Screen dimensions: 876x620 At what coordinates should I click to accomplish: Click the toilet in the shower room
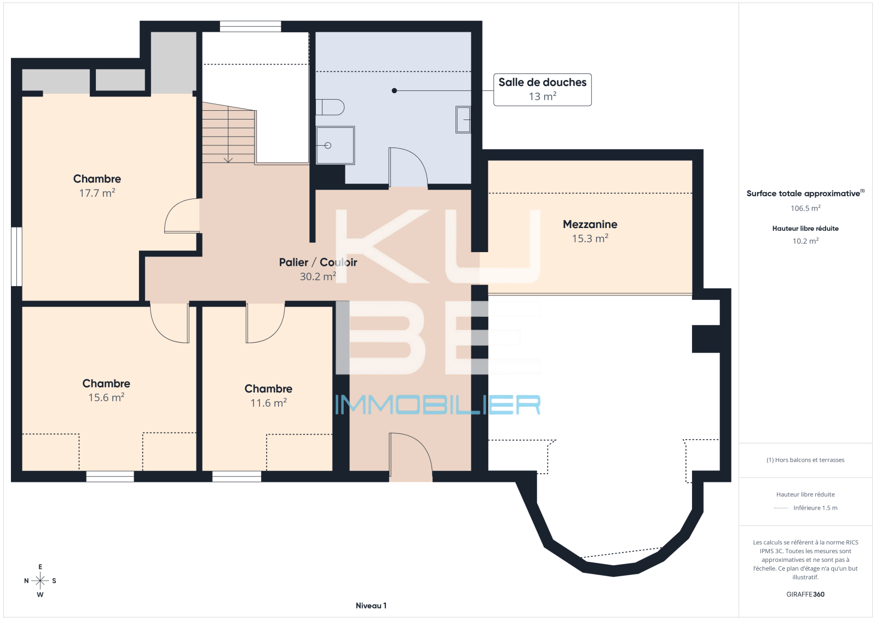[x=330, y=107]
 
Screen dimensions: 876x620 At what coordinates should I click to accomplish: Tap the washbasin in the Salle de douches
[x=463, y=120]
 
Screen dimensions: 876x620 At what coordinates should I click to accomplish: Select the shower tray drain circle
[x=328, y=146]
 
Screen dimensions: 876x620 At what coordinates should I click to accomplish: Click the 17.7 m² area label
[x=97, y=193]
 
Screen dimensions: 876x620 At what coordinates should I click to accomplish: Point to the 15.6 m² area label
[x=106, y=397]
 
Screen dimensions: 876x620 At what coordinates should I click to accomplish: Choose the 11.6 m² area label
[x=269, y=403]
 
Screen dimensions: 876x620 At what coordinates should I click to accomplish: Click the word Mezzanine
[x=590, y=224]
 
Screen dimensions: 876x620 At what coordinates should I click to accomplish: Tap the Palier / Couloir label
[x=318, y=262]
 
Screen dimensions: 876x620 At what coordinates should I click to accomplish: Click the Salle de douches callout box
[x=543, y=90]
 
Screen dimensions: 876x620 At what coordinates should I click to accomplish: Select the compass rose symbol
[x=41, y=581]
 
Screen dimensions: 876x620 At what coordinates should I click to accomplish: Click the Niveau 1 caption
[x=371, y=606]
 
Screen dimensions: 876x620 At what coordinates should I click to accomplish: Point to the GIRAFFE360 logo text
[x=805, y=594]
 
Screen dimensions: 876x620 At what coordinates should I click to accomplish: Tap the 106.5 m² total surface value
[x=805, y=208]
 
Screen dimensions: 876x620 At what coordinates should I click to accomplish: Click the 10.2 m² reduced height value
[x=805, y=241]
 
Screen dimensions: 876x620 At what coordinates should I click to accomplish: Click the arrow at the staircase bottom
[x=228, y=160]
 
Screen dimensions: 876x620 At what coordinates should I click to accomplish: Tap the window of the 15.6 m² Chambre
[x=110, y=476]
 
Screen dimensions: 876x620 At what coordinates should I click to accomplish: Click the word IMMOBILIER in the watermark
[x=438, y=405]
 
